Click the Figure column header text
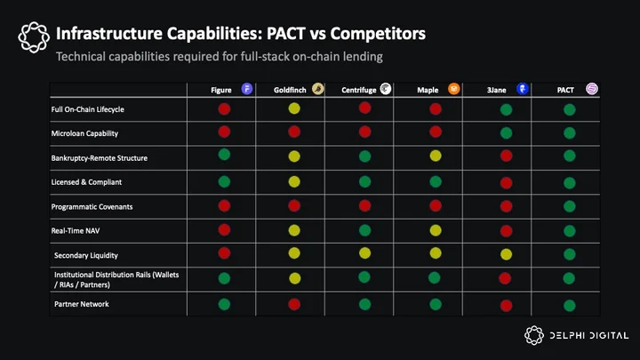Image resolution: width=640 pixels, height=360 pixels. click(x=220, y=90)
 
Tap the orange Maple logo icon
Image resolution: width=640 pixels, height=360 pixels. click(x=453, y=89)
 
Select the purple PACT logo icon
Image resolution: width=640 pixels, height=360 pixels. click(x=592, y=89)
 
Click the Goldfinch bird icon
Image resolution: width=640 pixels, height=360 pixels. click(x=318, y=89)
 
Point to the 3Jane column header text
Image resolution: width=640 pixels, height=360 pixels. click(x=496, y=90)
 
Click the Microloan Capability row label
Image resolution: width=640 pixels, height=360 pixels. click(x=84, y=133)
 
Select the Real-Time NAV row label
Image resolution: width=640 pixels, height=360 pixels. click(x=75, y=230)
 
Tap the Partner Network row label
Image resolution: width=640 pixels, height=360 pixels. click(x=82, y=304)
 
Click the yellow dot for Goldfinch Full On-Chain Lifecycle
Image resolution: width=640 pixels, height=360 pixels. click(x=294, y=108)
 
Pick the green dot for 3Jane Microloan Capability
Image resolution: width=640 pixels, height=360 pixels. click(x=506, y=133)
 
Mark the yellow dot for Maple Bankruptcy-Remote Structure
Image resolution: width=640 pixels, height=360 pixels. click(x=436, y=156)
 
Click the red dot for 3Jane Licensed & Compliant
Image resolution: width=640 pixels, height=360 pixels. click(x=506, y=183)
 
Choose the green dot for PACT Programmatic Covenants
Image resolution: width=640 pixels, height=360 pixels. click(x=570, y=206)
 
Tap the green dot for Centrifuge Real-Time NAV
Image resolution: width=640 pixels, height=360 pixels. click(x=365, y=230)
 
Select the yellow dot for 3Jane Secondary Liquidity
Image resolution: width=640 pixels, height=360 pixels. click(x=506, y=255)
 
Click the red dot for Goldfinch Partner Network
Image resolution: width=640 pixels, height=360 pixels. click(x=294, y=305)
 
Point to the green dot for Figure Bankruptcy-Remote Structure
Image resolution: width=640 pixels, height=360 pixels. click(x=224, y=155)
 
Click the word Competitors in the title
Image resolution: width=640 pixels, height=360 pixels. click(x=378, y=34)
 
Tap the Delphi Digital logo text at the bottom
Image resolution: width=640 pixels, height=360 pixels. click(x=589, y=335)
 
